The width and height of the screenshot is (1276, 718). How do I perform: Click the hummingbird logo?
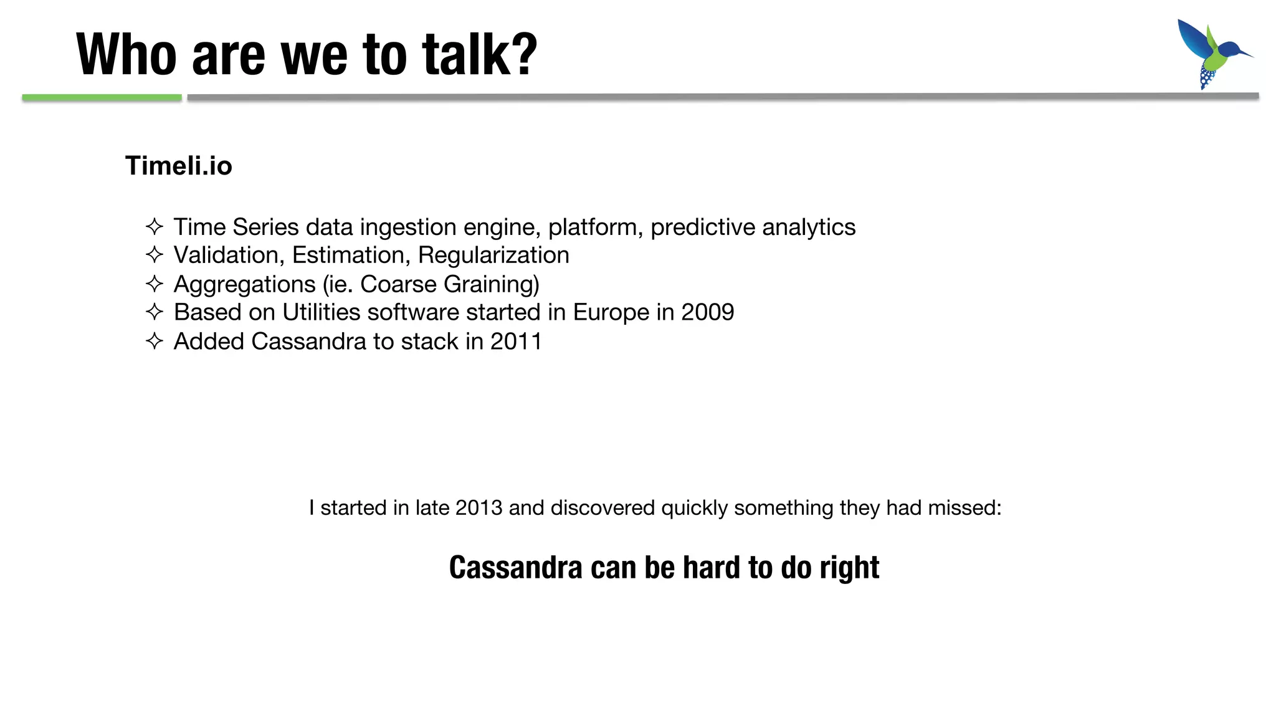point(1212,54)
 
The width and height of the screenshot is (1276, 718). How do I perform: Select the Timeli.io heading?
point(179,166)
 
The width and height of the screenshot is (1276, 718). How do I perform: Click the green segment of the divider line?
point(102,97)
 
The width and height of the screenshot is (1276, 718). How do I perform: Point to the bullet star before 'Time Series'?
point(154,226)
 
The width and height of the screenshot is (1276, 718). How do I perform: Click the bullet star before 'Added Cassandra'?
point(154,341)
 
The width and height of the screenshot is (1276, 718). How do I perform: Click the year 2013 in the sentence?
point(478,508)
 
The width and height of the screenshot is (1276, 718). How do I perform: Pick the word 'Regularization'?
point(493,256)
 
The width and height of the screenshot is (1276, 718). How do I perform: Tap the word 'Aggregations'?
point(244,285)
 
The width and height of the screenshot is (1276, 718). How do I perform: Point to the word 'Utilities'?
point(321,312)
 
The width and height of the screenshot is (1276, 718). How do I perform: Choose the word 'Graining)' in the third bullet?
point(491,285)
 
